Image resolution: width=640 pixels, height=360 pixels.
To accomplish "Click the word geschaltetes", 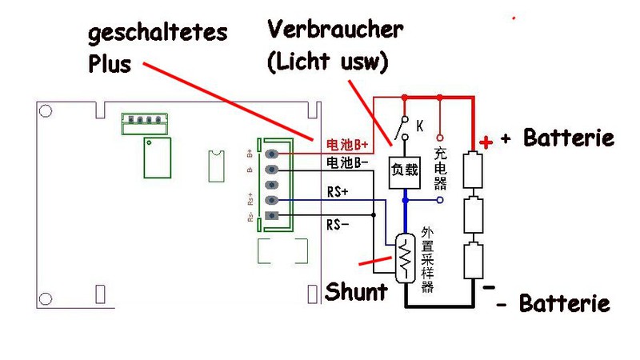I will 158,34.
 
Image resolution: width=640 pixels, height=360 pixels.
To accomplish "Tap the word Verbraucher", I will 335,31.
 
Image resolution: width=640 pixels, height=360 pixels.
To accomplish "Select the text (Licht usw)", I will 328,62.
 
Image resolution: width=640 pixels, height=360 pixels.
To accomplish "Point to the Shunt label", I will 356,291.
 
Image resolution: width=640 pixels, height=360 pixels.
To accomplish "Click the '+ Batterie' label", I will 558,138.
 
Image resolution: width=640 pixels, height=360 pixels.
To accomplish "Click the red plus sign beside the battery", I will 485,142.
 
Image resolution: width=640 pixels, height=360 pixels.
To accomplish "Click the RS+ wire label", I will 338,192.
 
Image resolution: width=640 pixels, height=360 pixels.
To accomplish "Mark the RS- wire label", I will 338,225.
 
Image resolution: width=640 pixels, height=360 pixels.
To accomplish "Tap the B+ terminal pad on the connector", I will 274,154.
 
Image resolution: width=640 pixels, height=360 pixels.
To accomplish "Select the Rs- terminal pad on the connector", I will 274,216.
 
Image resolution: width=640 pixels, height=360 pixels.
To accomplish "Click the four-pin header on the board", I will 144,122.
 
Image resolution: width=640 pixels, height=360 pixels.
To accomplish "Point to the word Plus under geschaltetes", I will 109,63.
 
